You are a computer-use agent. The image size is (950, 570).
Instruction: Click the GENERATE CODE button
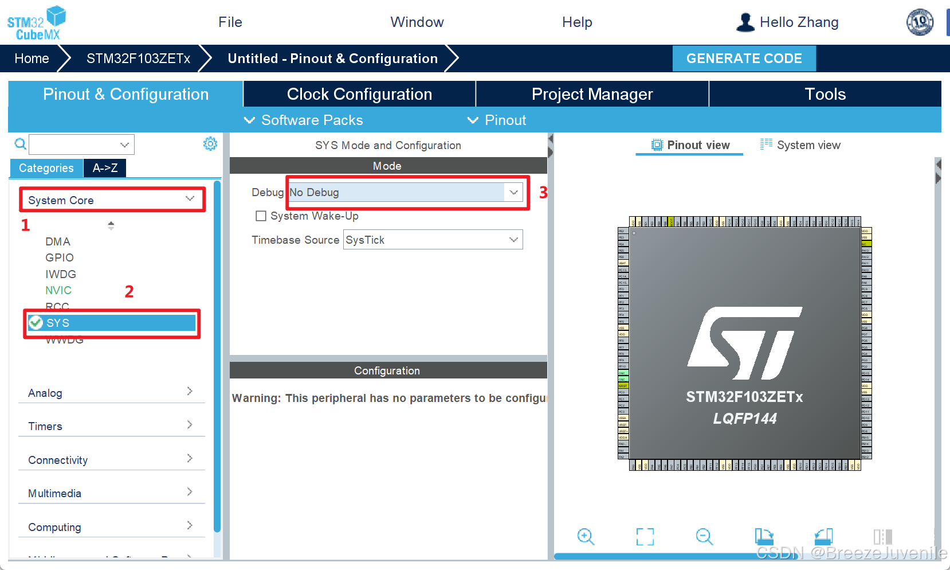click(744, 58)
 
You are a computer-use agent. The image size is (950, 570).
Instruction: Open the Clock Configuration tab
click(359, 94)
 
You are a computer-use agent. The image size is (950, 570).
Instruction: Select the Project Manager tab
click(592, 94)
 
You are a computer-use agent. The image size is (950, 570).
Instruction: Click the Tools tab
click(825, 94)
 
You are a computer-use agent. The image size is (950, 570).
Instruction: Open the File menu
click(230, 22)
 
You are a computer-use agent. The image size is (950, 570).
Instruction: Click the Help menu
click(577, 22)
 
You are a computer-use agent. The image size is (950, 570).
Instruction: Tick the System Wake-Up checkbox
click(261, 216)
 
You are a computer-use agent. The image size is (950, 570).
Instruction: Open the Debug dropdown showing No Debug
click(406, 193)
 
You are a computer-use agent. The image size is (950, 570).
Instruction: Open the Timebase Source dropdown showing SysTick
click(433, 240)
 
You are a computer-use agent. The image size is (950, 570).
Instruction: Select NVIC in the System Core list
click(58, 290)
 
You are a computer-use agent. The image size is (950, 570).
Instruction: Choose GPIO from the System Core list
click(60, 257)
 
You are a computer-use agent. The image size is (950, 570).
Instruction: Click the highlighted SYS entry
click(112, 323)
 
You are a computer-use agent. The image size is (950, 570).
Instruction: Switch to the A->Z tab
click(105, 168)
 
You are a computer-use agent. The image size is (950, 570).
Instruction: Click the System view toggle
click(800, 145)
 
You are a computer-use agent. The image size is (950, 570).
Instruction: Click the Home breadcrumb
click(32, 58)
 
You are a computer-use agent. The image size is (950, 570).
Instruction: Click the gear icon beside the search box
click(210, 144)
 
